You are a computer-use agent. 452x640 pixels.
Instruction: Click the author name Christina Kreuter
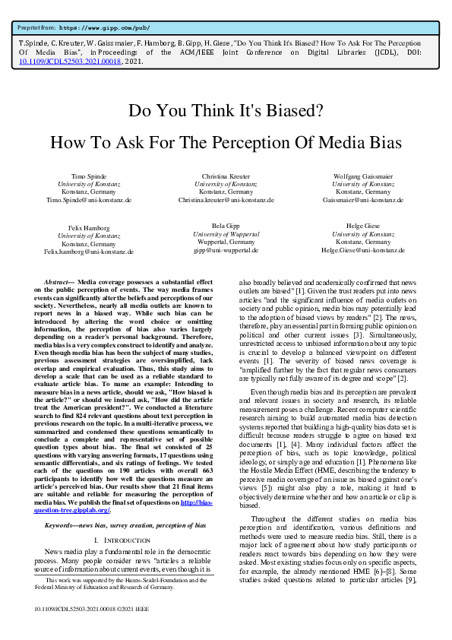225,176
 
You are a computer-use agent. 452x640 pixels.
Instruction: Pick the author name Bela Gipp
225,227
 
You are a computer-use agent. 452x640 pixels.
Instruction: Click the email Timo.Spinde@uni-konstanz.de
88,200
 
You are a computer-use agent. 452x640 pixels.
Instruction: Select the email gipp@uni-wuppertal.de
226,250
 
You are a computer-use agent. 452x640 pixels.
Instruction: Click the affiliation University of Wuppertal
226,234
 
